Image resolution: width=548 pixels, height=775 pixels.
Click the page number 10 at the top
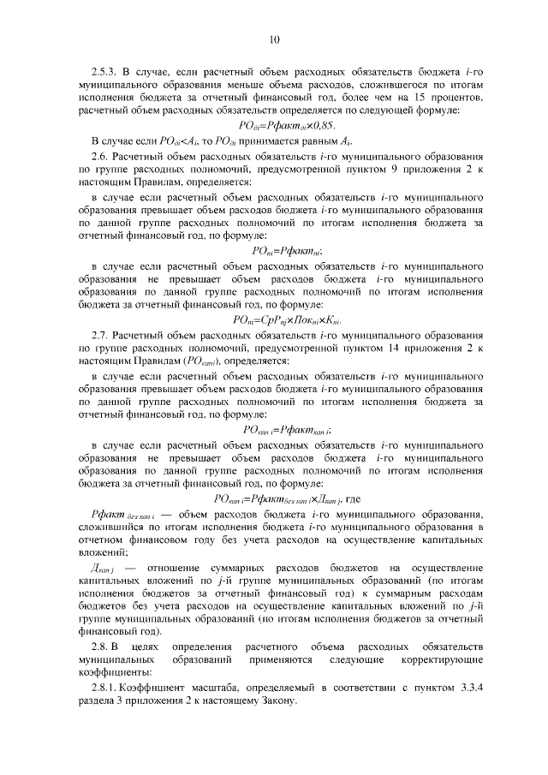(274, 39)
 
